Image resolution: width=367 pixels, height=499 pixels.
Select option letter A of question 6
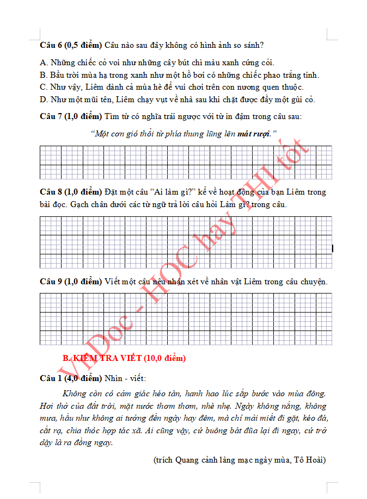click(x=43, y=63)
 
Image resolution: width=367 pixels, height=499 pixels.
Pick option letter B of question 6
click(x=43, y=75)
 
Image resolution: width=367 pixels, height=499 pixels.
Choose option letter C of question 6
click(x=43, y=87)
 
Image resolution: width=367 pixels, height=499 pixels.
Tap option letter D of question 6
click(x=43, y=99)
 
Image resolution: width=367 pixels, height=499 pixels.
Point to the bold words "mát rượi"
click(x=254, y=134)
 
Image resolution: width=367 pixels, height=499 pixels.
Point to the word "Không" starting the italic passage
click(x=74, y=394)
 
